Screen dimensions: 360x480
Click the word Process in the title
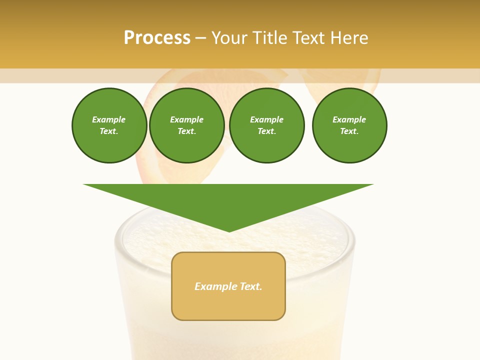click(157, 38)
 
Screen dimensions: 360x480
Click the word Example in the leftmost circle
click(109, 119)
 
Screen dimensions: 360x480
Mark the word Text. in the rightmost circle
click(349, 131)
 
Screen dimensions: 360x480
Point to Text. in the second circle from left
click(187, 131)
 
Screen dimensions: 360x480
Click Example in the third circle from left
click(266, 119)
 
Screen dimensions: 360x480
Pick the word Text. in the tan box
click(251, 286)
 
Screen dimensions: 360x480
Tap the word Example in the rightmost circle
click(349, 119)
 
